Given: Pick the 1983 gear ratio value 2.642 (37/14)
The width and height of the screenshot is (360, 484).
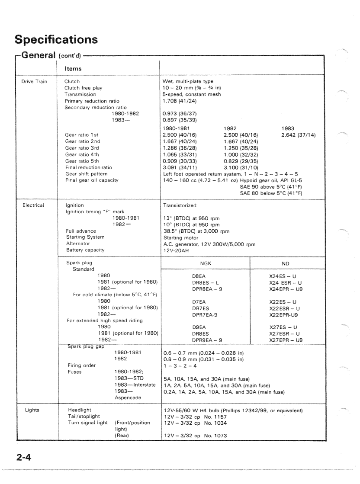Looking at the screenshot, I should [298, 135].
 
